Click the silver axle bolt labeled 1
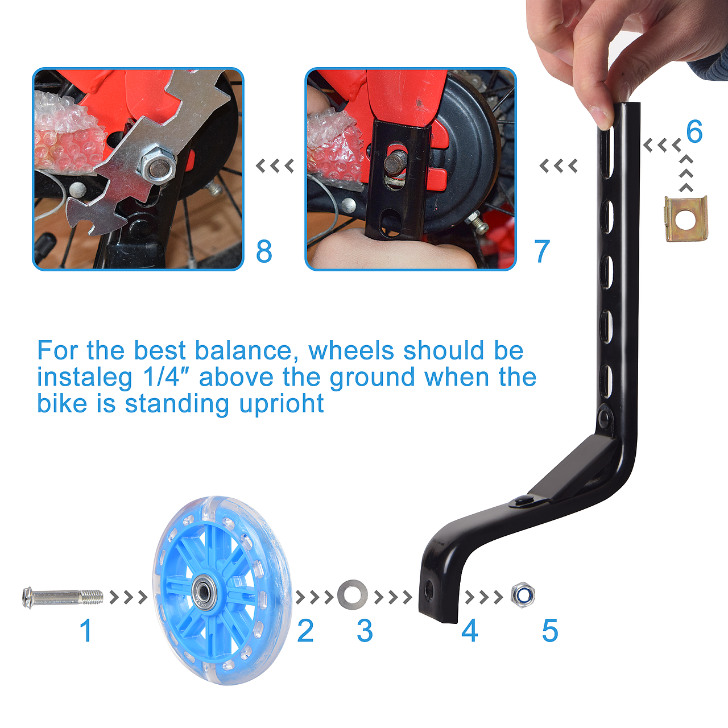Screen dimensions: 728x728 (x=63, y=597)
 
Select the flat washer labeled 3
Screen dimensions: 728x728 (x=352, y=595)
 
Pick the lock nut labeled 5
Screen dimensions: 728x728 (x=523, y=595)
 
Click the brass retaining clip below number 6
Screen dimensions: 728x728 (x=686, y=218)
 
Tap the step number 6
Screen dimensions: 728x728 (x=694, y=131)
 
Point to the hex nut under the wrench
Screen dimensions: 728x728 (x=159, y=165)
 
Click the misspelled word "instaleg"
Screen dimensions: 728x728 (x=85, y=377)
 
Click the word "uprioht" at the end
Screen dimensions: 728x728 (x=281, y=404)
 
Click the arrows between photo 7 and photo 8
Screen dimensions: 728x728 (x=275, y=166)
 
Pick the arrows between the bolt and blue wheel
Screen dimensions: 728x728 (x=129, y=597)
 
